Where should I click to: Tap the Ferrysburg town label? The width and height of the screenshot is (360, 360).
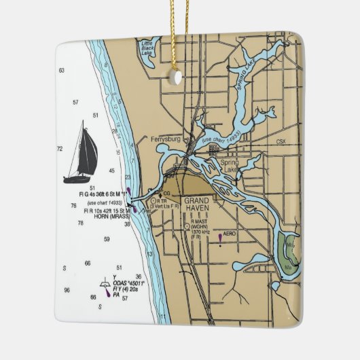point(164,139)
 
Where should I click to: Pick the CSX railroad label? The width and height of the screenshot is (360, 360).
point(281,142)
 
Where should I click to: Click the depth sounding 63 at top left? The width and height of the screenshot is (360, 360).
point(62,71)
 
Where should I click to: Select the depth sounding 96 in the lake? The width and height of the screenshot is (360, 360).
point(67,290)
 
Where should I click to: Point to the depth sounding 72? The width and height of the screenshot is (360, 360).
point(60,148)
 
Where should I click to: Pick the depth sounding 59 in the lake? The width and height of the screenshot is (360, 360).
point(107,239)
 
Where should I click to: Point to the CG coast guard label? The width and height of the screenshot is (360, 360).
point(166,194)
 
